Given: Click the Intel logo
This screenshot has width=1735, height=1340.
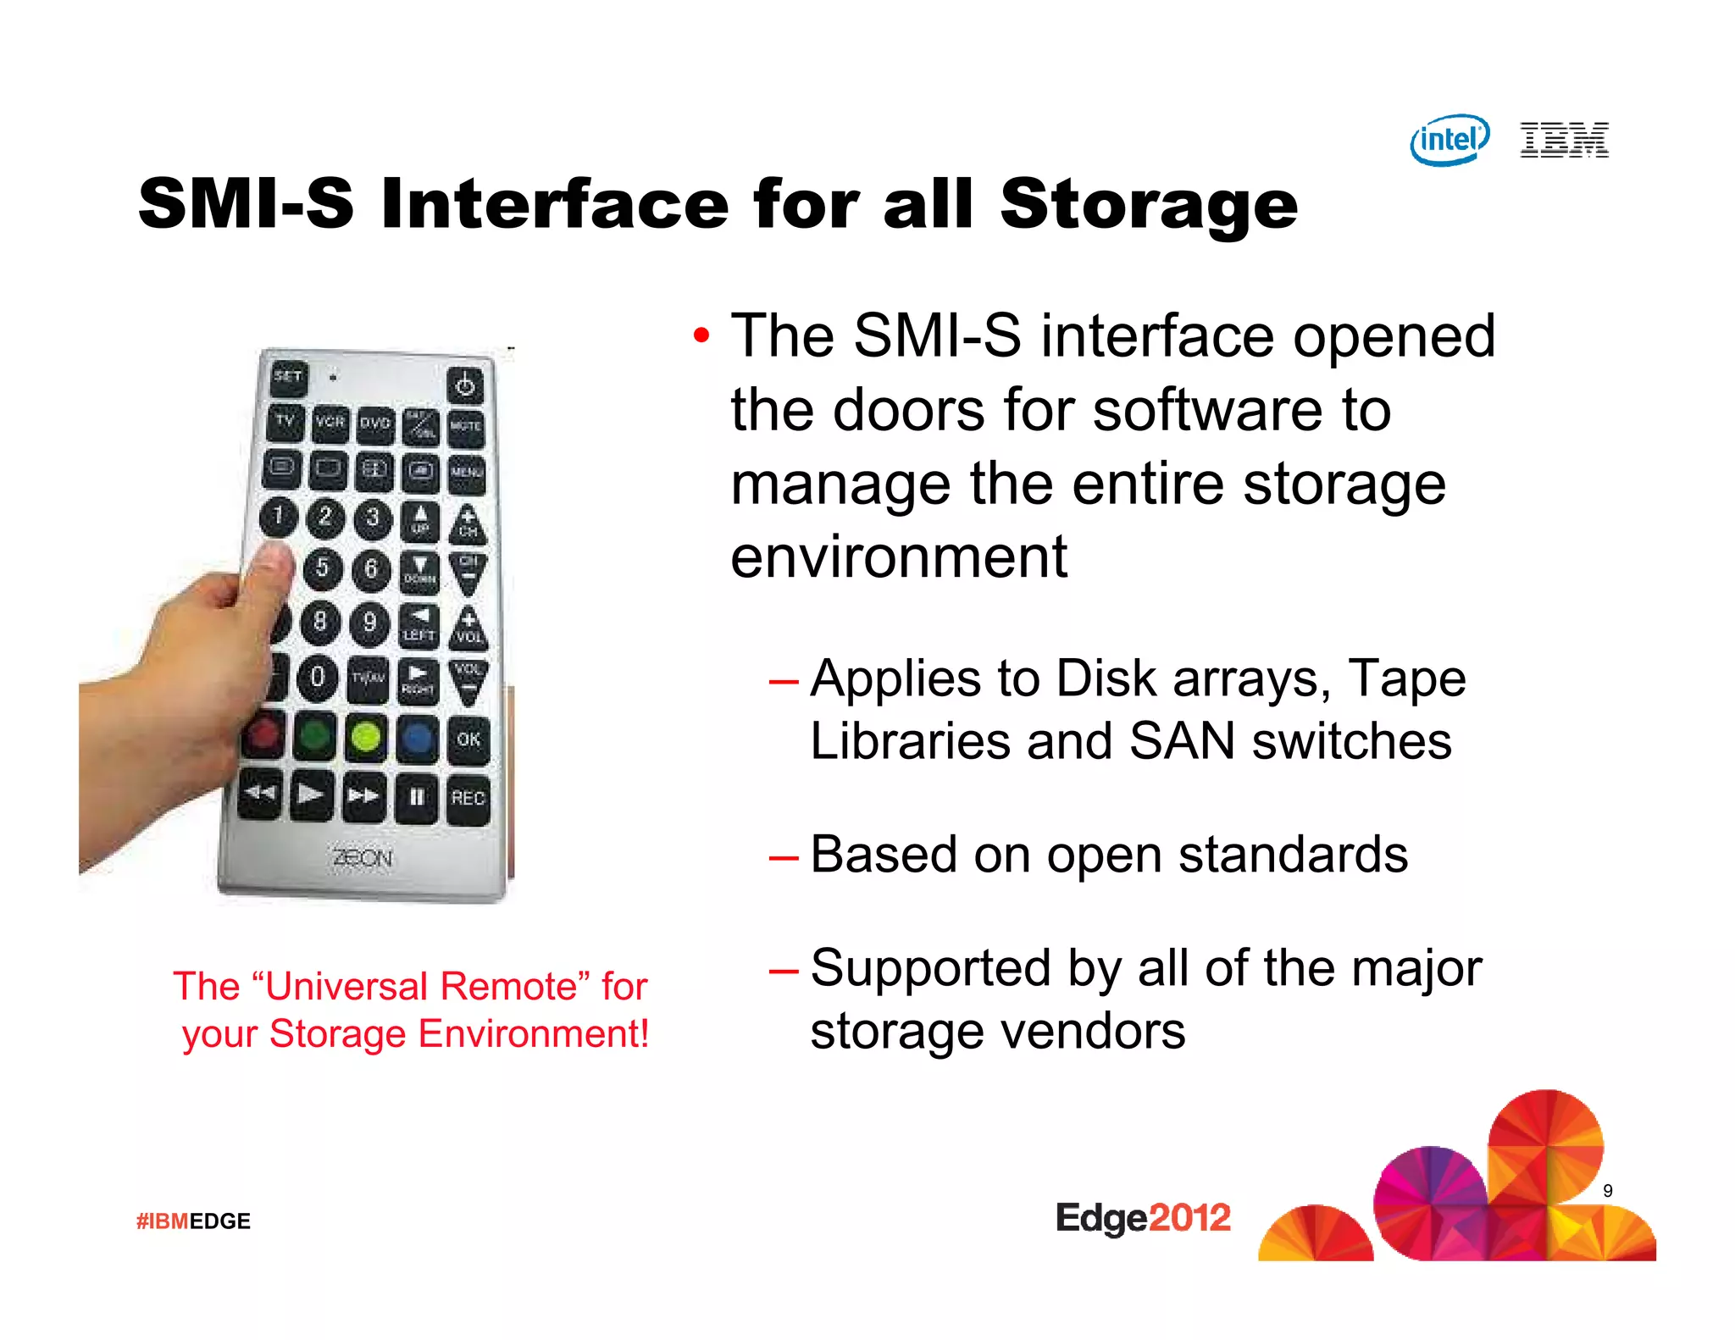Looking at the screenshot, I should click(x=1450, y=140).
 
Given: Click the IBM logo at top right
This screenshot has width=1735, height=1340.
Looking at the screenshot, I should click(x=1564, y=140).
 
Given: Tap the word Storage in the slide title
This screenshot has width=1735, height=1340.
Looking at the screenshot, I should click(x=1148, y=206).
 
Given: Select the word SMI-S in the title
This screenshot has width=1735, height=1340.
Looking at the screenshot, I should click(x=246, y=204).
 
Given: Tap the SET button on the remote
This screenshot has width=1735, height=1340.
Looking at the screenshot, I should click(x=288, y=376).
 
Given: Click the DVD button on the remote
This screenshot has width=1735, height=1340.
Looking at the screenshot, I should click(x=375, y=423).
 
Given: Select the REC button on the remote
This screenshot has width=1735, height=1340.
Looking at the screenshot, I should click(x=468, y=798).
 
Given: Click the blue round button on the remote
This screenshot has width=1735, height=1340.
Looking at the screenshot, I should click(x=417, y=738).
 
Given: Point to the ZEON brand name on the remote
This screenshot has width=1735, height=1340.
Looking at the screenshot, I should click(x=363, y=858).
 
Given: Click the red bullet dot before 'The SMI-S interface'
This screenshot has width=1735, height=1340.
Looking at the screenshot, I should click(x=701, y=336).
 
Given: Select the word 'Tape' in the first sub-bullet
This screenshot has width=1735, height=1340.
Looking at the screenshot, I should click(x=1406, y=679).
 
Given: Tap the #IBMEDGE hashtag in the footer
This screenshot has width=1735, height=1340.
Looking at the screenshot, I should click(x=193, y=1221).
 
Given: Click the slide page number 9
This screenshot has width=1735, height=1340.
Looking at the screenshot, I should click(x=1607, y=1191).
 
